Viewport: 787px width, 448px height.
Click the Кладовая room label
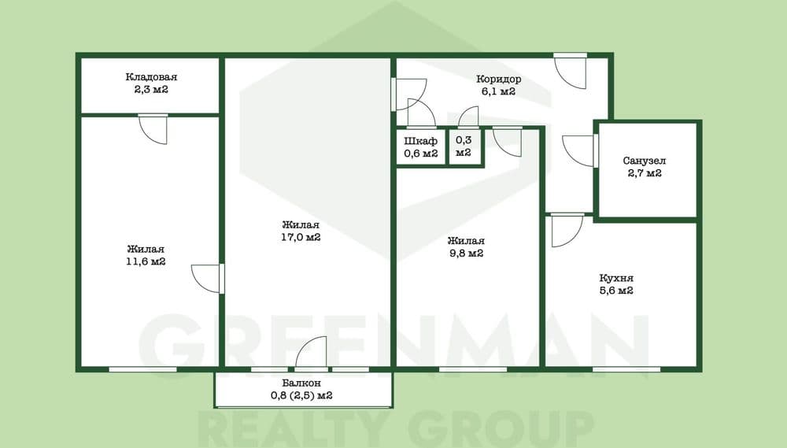click(151, 77)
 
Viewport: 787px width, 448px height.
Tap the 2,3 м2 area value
click(151, 90)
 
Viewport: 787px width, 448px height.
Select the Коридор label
click(498, 80)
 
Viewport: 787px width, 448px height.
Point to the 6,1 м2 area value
click(498, 92)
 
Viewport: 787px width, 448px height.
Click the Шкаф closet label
click(420, 141)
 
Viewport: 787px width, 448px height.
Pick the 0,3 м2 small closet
click(464, 146)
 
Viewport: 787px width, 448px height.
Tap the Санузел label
click(645, 161)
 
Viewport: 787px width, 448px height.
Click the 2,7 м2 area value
click(645, 174)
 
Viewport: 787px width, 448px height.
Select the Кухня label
click(616, 278)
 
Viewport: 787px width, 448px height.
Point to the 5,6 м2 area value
click(616, 291)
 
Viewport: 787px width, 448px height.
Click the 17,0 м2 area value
click(301, 237)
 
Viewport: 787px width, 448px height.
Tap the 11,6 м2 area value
click(146, 261)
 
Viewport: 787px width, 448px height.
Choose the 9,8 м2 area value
click(466, 254)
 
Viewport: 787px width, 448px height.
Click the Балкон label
click(301, 383)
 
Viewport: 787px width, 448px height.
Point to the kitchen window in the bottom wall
click(626, 369)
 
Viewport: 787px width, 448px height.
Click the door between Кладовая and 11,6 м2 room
click(153, 130)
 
